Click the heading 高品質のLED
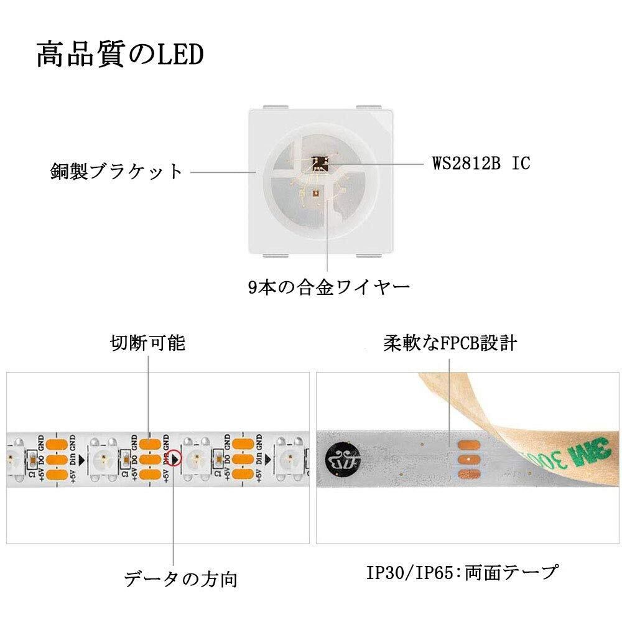[x=119, y=55]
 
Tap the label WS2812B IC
[x=481, y=164]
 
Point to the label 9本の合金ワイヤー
[x=328, y=287]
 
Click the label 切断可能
[x=148, y=343]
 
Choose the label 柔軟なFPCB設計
[x=450, y=343]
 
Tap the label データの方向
[x=180, y=579]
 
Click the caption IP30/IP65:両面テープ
[x=461, y=572]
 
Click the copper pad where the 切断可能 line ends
[x=149, y=444]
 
